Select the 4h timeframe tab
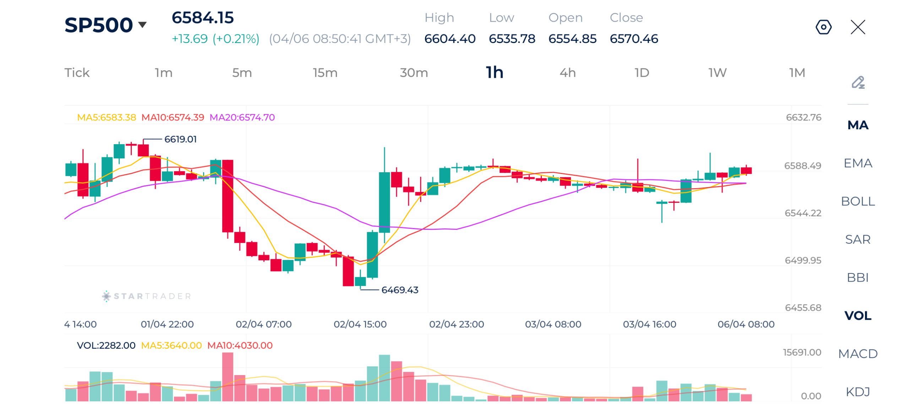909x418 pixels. [567, 73]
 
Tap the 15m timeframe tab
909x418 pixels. [325, 73]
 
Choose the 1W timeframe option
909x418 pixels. [717, 73]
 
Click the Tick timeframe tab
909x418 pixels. [77, 73]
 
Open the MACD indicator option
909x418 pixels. [857, 353]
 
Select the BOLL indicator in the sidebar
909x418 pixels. [857, 201]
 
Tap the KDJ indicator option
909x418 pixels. [857, 391]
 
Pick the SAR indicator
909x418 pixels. [857, 239]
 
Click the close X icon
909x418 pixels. [857, 27]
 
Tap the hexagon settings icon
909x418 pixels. [823, 27]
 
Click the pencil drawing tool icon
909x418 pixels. [857, 82]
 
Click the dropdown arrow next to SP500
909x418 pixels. [142, 25]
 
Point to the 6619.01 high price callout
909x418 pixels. [180, 139]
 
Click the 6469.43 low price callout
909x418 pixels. [399, 290]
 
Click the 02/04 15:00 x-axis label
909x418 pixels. [360, 324]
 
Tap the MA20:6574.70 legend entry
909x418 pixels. [242, 117]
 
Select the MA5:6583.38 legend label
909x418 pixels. [106, 117]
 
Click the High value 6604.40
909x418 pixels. [450, 39]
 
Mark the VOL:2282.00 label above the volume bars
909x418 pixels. [106, 345]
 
